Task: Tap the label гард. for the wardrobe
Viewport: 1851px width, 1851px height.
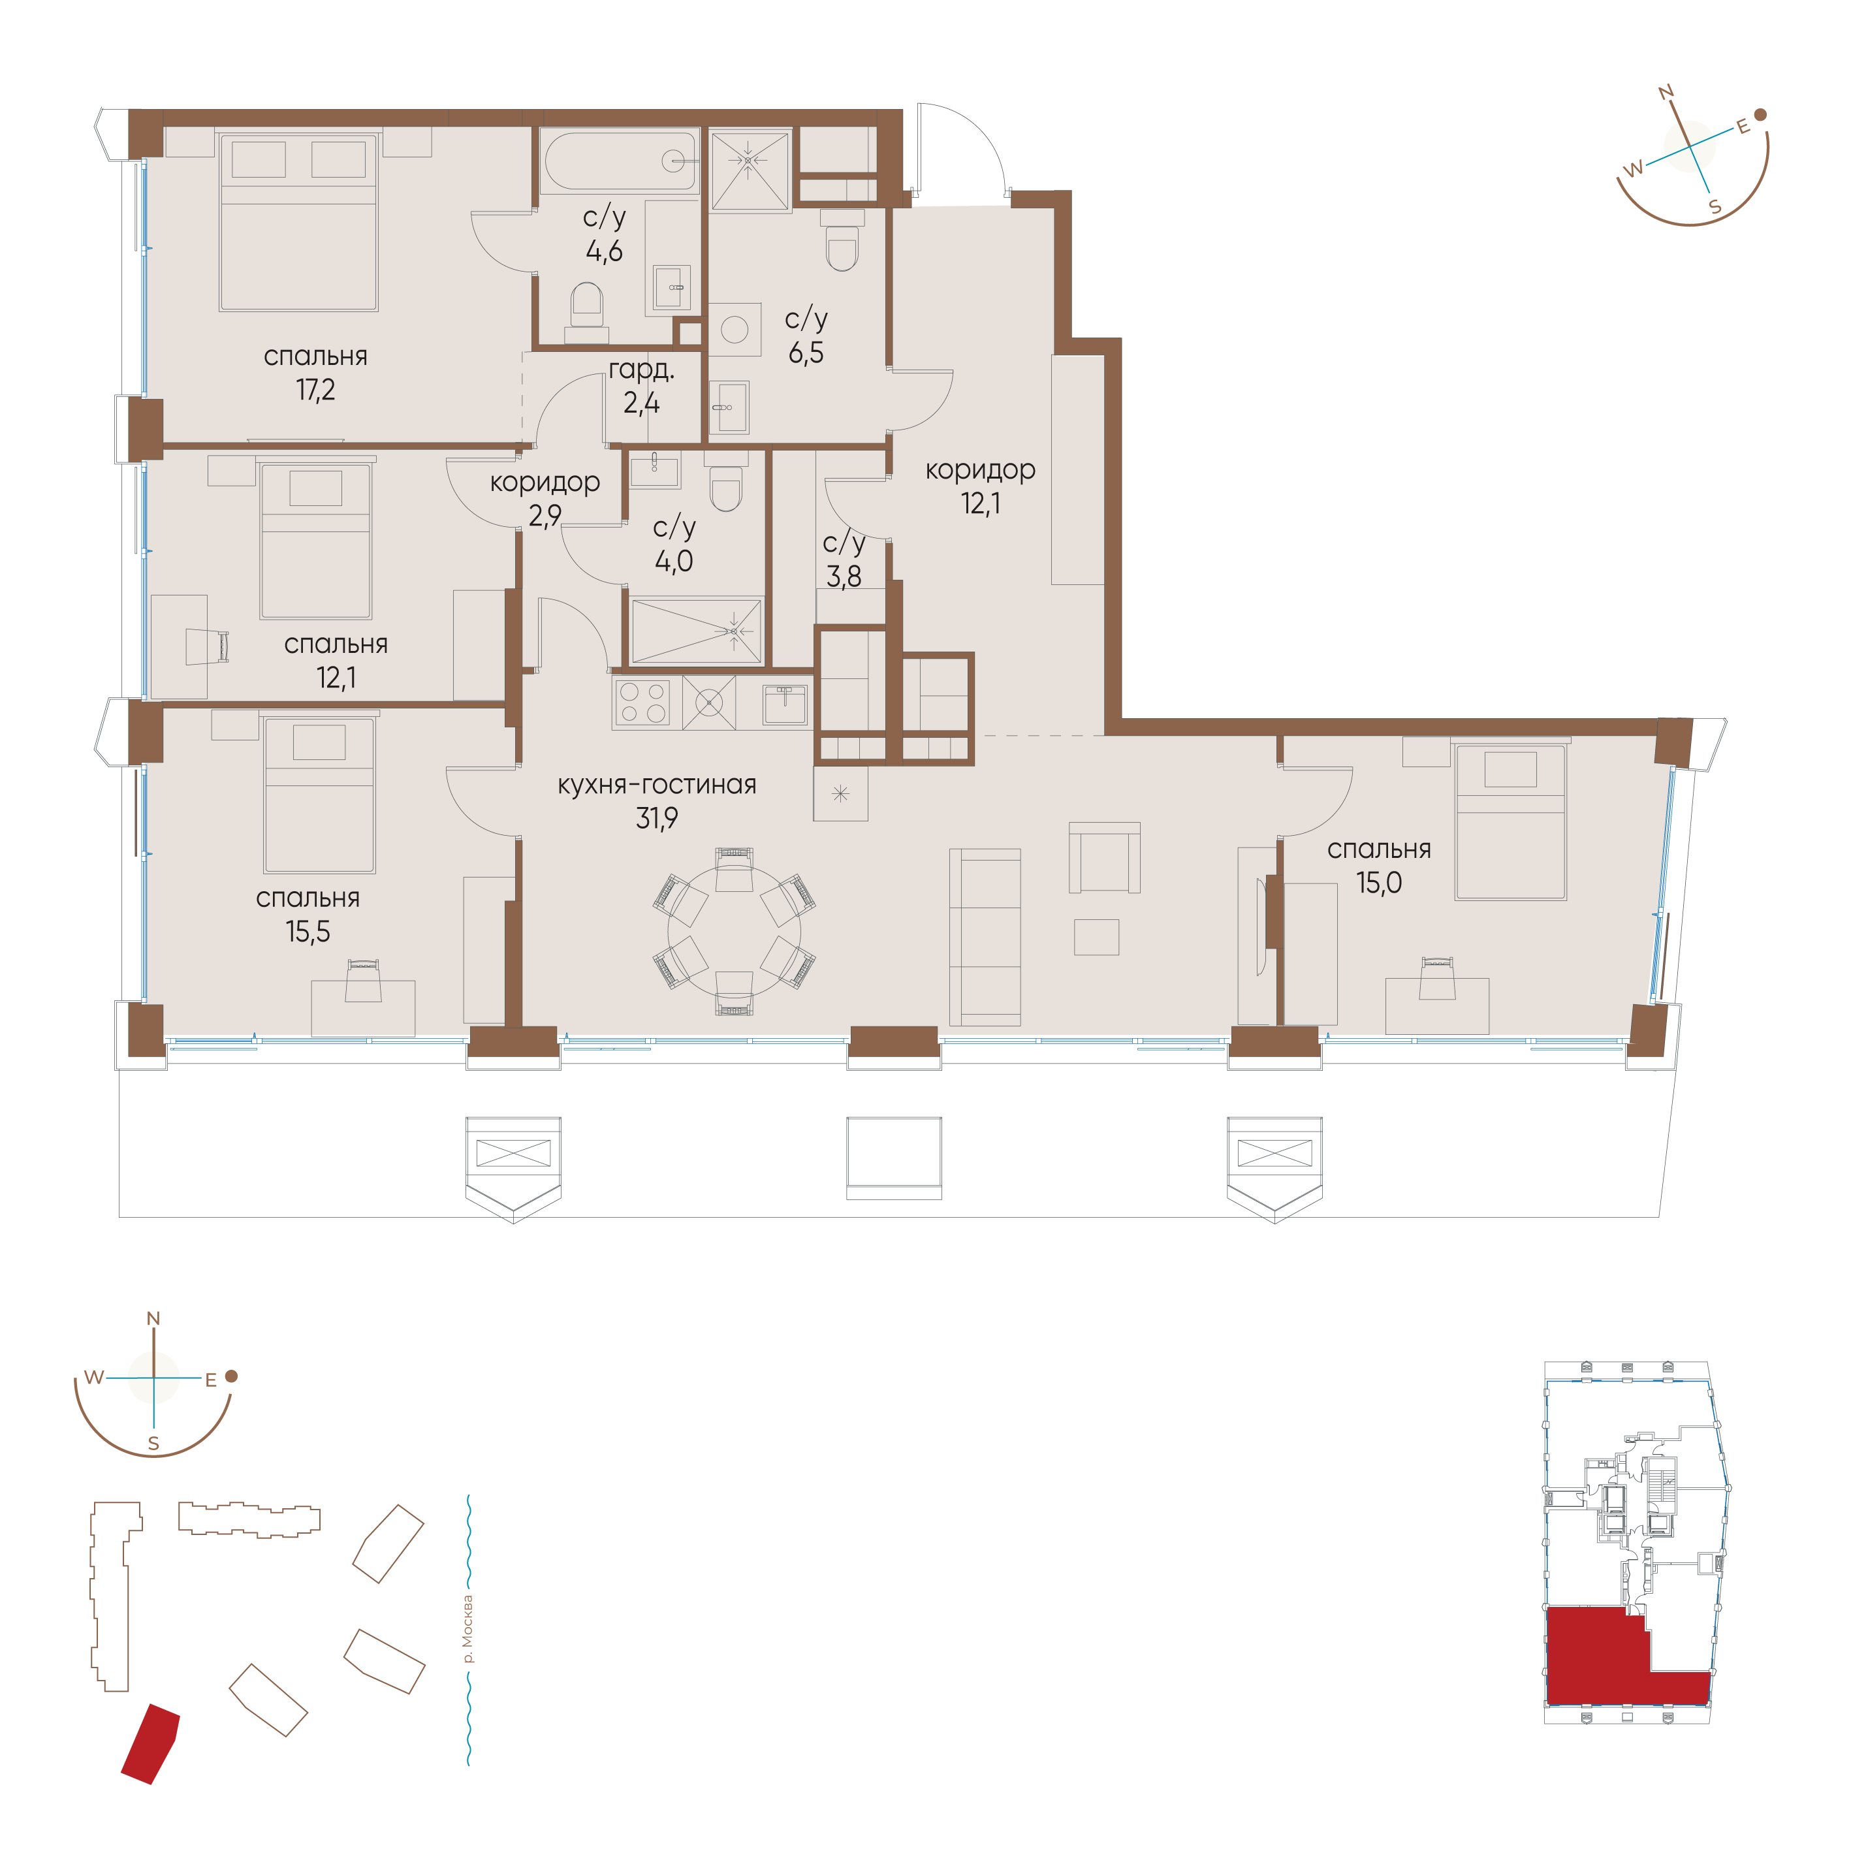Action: pyautogui.click(x=641, y=370)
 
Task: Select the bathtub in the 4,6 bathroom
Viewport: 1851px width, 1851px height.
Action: pyautogui.click(x=620, y=161)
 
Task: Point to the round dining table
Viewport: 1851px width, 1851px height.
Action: pyautogui.click(x=734, y=931)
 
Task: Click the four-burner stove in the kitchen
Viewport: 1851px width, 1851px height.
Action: pyautogui.click(x=642, y=701)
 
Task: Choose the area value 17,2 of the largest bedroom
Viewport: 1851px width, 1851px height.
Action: pyautogui.click(x=315, y=390)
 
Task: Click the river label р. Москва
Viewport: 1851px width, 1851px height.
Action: pyautogui.click(x=467, y=1629)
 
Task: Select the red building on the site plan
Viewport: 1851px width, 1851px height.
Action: pyautogui.click(x=150, y=1744)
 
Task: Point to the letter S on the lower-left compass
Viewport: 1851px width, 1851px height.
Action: pyautogui.click(x=153, y=1444)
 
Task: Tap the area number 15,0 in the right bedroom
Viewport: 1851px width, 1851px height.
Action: pyautogui.click(x=1379, y=882)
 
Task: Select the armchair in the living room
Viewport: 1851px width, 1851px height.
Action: pyautogui.click(x=1105, y=857)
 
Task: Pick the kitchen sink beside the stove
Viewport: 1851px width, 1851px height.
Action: pyautogui.click(x=785, y=704)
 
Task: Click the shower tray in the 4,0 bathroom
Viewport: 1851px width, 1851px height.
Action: pyautogui.click(x=697, y=631)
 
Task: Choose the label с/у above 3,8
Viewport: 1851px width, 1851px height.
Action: pyautogui.click(x=844, y=543)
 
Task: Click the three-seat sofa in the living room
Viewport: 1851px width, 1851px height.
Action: pyautogui.click(x=985, y=937)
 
